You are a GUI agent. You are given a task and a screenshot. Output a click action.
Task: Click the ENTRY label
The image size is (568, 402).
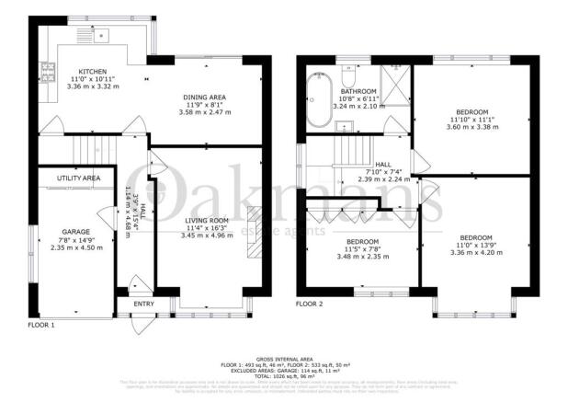[x=143, y=303]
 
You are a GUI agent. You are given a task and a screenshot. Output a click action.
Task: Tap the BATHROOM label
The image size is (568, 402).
[x=358, y=92]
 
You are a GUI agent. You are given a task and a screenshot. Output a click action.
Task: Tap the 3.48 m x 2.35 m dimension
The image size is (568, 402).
[x=359, y=256]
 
